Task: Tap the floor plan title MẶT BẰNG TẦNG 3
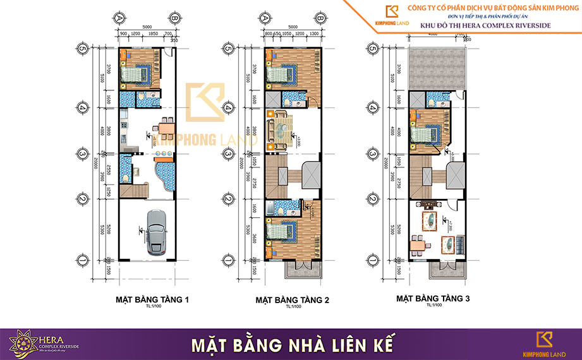[x=433, y=297]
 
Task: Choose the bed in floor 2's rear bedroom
[x=278, y=76]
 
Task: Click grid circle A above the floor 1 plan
[x=119, y=18]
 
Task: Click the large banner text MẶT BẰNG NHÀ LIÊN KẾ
[x=292, y=345]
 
